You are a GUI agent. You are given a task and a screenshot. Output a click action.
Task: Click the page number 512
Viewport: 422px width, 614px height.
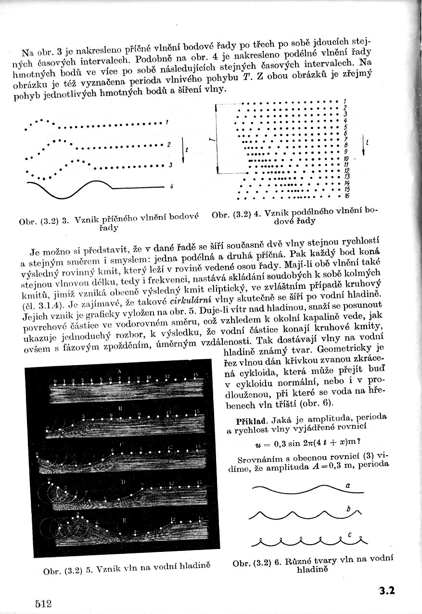click(43, 603)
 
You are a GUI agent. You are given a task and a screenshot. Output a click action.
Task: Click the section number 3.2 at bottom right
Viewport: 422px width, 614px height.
click(386, 590)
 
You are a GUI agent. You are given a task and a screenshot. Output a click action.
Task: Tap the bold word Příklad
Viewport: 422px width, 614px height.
click(246, 416)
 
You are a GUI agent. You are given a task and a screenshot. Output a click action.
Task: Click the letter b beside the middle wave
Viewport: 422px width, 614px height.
click(347, 509)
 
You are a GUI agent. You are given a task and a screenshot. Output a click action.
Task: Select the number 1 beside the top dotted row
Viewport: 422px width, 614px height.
click(166, 122)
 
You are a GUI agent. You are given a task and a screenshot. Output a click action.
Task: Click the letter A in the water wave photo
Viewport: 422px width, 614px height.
click(119, 371)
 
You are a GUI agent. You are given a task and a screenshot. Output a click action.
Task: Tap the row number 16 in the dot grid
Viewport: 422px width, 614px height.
click(346, 196)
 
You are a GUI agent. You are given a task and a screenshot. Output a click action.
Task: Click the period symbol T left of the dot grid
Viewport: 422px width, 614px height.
click(211, 140)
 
